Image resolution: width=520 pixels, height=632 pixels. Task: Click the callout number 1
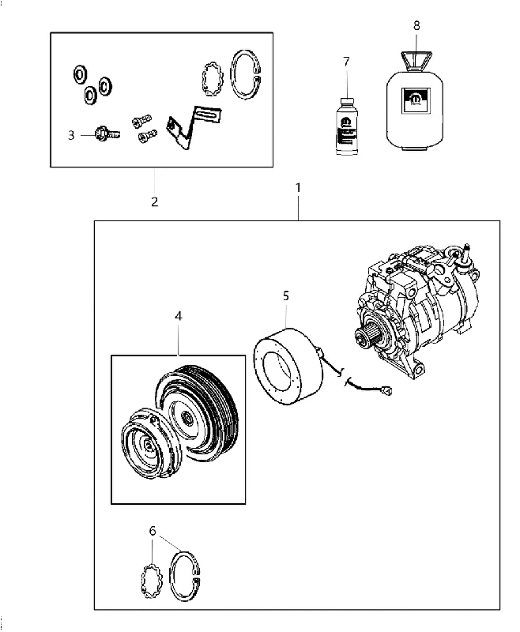click(x=298, y=188)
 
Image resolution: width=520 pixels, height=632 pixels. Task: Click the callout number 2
click(x=155, y=201)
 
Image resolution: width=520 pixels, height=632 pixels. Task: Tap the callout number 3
click(x=71, y=135)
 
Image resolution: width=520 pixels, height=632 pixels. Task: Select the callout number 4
click(x=178, y=316)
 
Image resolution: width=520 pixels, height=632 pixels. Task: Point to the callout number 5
click(x=286, y=295)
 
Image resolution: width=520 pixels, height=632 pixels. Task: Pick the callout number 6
click(x=153, y=531)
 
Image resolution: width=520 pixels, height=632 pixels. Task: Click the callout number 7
click(x=346, y=62)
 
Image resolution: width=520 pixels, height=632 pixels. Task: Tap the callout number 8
click(x=416, y=25)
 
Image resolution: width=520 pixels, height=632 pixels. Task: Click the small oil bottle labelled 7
click(x=347, y=126)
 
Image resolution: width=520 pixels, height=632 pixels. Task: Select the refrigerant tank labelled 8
click(x=415, y=101)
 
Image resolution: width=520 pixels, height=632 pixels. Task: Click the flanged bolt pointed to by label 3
click(x=107, y=133)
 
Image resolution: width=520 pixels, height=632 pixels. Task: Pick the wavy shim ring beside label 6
click(x=151, y=581)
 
